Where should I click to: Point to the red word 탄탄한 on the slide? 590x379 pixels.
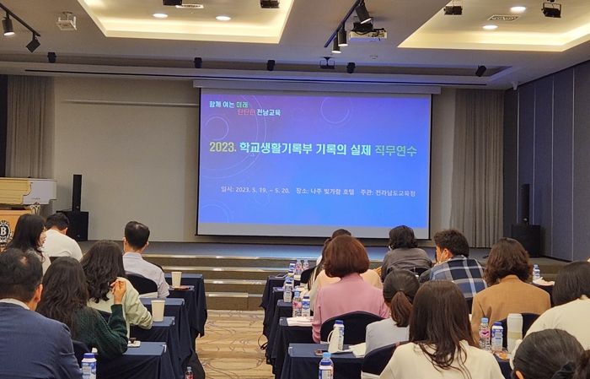pos(244,112)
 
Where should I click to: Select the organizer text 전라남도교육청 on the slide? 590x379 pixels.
pos(395,192)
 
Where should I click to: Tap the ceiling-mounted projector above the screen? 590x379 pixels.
pos(367,34)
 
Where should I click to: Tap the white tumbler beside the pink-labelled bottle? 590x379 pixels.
pos(514,329)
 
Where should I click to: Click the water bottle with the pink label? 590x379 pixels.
pos(485,333)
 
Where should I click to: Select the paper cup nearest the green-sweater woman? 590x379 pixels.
pos(158,310)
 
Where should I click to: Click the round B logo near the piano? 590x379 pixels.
pos(5,230)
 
